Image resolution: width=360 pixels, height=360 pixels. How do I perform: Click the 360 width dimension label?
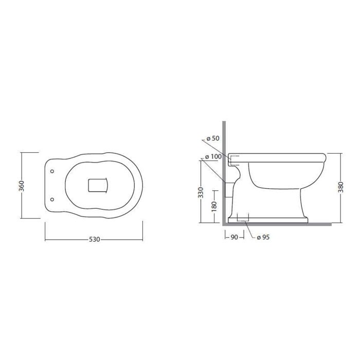coord(21,186)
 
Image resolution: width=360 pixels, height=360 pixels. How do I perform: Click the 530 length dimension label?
coord(94,240)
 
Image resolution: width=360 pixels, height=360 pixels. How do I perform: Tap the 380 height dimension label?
coord(340,187)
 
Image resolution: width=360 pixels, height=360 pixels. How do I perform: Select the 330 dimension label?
coord(201,192)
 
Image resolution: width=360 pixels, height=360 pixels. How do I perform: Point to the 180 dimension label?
coord(214,206)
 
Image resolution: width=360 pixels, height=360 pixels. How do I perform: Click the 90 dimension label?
coord(234,237)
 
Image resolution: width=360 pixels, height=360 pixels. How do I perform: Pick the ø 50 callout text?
coord(213,138)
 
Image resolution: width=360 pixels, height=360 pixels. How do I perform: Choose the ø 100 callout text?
coord(213,157)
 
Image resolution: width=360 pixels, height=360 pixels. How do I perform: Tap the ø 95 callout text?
coord(263,237)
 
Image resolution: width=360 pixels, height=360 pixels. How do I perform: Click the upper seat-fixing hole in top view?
coord(52,171)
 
